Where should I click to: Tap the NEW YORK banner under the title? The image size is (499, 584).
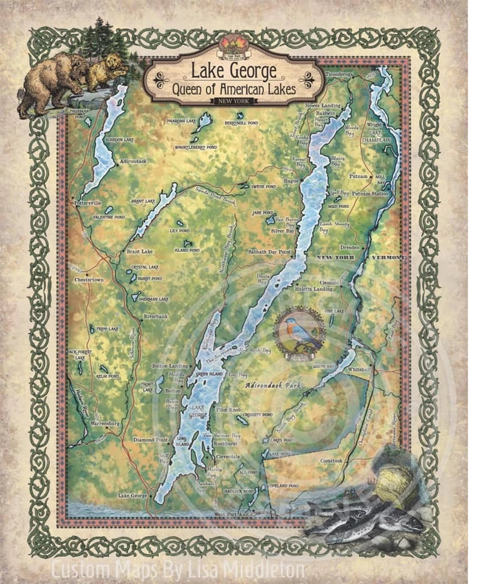point(234,101)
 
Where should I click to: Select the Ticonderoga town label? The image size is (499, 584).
point(339,75)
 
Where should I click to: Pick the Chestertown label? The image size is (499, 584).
point(89,279)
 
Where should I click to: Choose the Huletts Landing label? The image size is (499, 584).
point(316,289)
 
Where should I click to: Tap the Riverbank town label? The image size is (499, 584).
point(155,316)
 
